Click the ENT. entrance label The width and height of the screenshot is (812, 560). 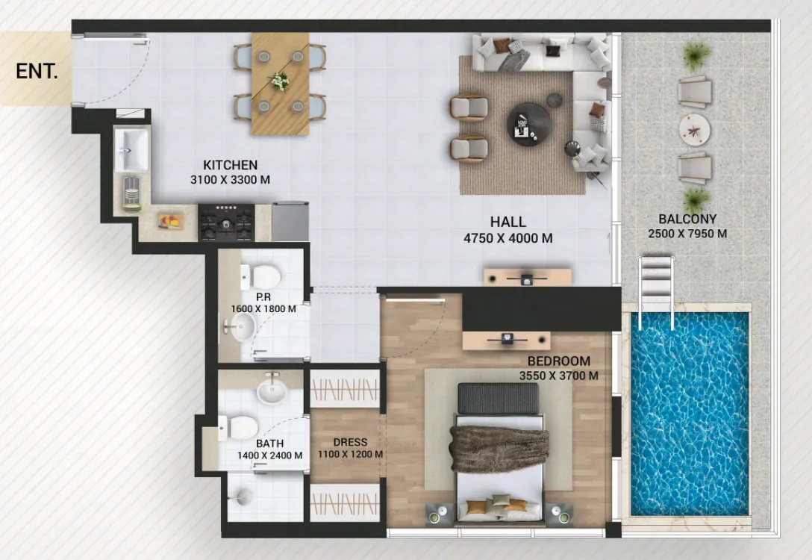point(36,72)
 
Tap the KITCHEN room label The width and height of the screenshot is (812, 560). point(230,165)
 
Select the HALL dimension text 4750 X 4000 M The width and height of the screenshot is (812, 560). point(507,238)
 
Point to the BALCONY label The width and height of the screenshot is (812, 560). point(687,219)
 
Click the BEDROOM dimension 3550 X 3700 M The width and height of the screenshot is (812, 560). point(558,376)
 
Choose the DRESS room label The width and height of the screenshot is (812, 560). point(350,442)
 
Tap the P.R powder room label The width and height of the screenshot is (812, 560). point(262,296)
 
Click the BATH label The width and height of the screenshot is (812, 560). point(269,444)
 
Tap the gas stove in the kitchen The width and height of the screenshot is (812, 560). point(226,222)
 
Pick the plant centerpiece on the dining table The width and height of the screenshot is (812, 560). point(280,81)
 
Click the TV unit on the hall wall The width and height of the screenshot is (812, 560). point(527,278)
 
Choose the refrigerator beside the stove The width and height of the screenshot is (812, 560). point(290,221)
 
